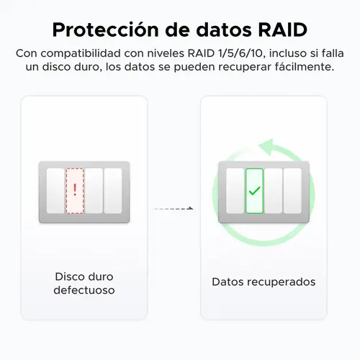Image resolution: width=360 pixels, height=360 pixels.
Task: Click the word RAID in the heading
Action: [x=283, y=30]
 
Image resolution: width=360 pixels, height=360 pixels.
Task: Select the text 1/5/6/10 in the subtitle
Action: [x=241, y=53]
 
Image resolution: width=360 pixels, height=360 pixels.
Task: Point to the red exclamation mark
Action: [x=75, y=190]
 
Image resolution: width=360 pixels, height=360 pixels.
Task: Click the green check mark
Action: [x=254, y=191]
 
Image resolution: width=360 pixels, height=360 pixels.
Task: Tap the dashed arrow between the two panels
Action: [x=174, y=208]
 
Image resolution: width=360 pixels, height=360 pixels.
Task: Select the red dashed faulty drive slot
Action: [x=75, y=191]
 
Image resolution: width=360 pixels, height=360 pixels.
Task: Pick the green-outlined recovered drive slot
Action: [x=254, y=191]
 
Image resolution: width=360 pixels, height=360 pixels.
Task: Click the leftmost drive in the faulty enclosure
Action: [x=55, y=191]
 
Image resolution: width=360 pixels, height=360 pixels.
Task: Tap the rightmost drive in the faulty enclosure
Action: [x=113, y=191]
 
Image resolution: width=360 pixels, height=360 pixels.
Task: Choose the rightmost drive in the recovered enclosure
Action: [x=292, y=191]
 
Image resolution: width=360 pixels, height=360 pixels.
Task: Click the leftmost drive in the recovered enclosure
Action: [x=235, y=191]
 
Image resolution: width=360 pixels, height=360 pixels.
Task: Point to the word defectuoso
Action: [x=84, y=290]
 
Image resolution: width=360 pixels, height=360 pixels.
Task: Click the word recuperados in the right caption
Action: [x=282, y=282]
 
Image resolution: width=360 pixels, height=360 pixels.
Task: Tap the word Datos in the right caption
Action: [x=228, y=282]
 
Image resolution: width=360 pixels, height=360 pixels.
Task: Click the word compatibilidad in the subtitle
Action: [x=81, y=53]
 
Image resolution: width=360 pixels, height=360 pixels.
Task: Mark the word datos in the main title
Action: [x=224, y=30]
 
